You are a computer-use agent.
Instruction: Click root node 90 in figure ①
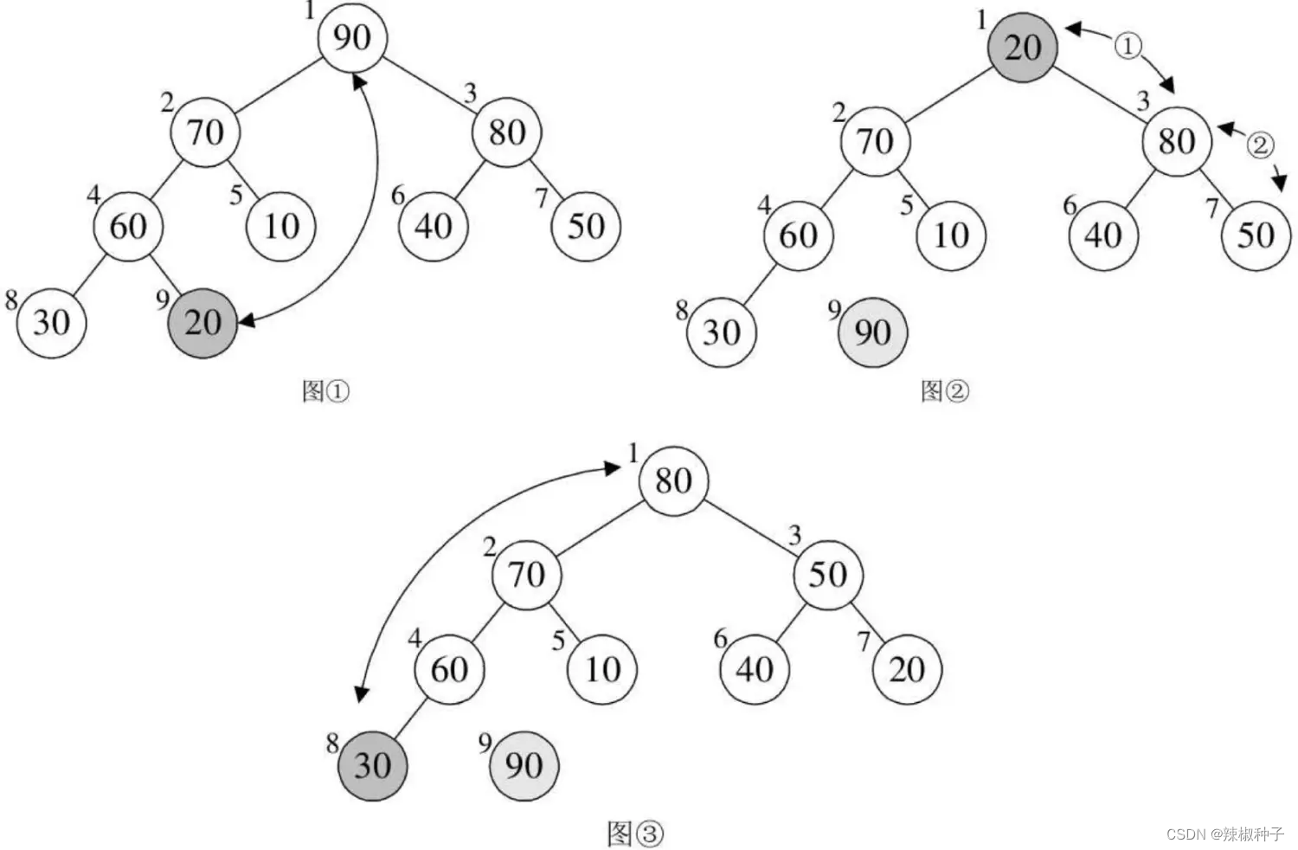(x=351, y=38)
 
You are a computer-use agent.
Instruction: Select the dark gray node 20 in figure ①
(x=202, y=323)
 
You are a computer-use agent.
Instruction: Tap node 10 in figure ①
(x=281, y=227)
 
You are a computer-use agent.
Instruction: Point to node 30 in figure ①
(x=51, y=323)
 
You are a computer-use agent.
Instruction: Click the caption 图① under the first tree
(x=325, y=391)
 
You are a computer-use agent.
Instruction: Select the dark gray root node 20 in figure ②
(x=1023, y=47)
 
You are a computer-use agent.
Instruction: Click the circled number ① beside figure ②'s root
(x=1127, y=45)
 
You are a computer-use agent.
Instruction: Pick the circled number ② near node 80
(x=1260, y=144)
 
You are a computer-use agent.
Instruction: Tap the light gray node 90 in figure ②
(x=872, y=332)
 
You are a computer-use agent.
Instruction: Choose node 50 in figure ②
(x=1256, y=235)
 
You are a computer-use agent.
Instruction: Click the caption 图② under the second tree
(x=944, y=391)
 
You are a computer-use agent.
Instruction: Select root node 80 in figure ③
(x=673, y=481)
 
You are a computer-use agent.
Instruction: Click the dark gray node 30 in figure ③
(x=372, y=765)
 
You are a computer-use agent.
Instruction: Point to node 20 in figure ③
(x=907, y=670)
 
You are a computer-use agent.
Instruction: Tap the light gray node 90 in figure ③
(x=524, y=765)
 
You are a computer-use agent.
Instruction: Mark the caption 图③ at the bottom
(x=635, y=834)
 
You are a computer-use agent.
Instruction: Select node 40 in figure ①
(x=433, y=227)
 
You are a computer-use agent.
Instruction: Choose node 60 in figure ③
(x=449, y=670)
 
